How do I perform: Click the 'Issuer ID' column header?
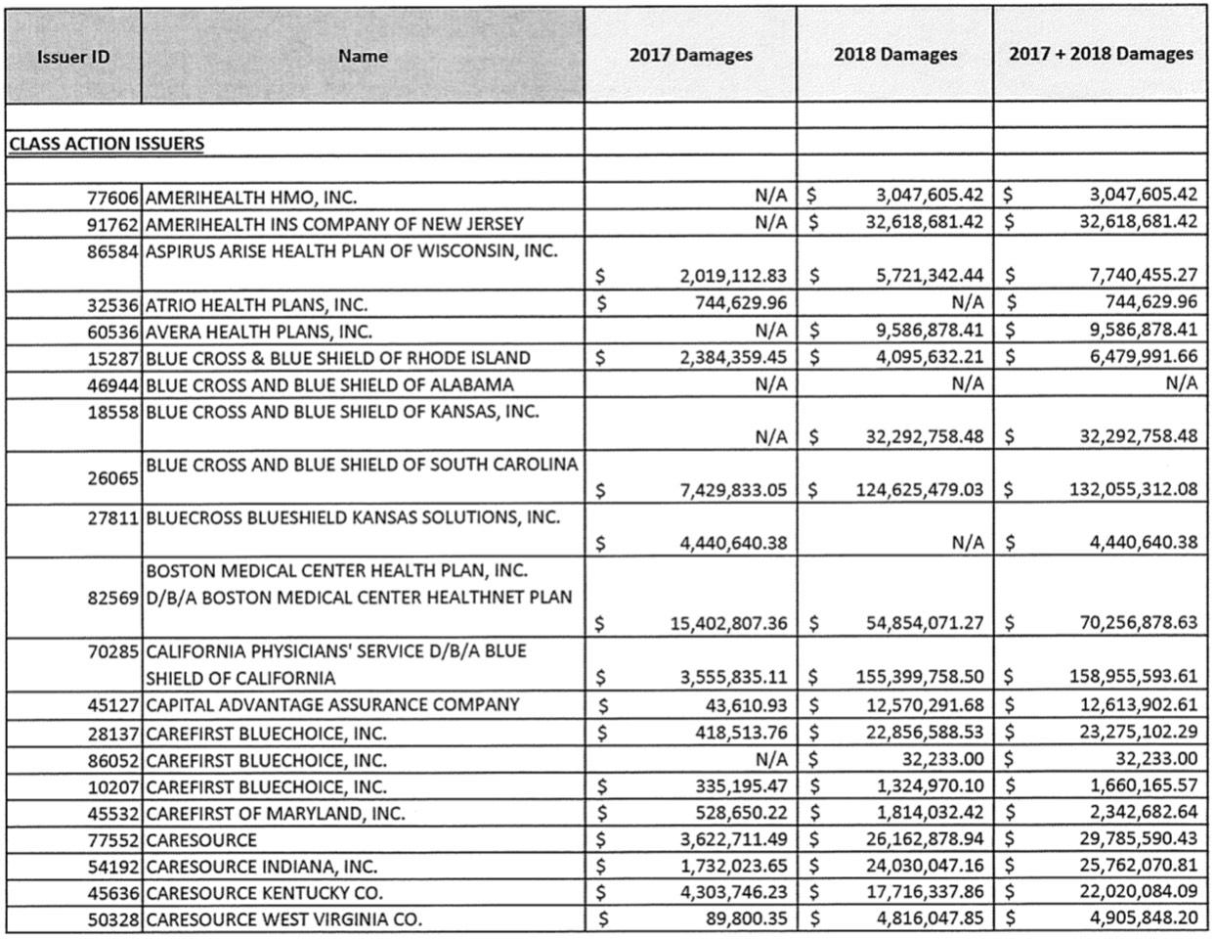pos(73,56)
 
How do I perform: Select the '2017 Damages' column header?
pos(690,55)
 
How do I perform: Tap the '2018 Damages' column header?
pos(894,55)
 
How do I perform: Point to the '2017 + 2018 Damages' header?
pos(1101,54)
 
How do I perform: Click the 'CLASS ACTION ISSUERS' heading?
pos(107,144)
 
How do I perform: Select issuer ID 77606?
pos(114,197)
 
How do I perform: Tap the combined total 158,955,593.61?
pos(1132,677)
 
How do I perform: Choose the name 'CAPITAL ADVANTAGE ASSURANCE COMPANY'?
pos(332,704)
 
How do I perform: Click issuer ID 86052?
pos(114,760)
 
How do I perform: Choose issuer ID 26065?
pos(114,477)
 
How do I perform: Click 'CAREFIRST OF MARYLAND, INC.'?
pos(275,813)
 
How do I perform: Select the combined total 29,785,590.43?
pos(1138,839)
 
